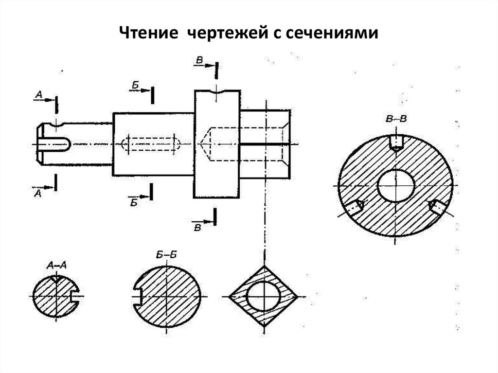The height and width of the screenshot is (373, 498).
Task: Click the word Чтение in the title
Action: click(149, 33)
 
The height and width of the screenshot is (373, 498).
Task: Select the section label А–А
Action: click(56, 266)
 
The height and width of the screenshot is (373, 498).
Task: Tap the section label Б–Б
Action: click(167, 255)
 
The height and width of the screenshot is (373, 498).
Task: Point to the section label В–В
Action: click(396, 120)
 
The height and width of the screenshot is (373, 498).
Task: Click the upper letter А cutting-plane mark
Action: click(39, 94)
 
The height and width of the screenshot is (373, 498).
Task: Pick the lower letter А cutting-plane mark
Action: click(37, 193)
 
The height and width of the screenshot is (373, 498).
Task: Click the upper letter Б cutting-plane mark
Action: click(135, 85)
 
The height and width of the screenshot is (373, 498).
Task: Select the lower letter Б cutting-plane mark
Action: click(134, 202)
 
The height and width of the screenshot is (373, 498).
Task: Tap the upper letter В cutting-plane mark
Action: click(199, 60)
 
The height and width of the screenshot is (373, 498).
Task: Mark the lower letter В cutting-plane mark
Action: click(197, 228)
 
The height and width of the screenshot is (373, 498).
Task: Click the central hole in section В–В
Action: click(396, 186)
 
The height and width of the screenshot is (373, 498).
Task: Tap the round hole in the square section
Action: click(264, 296)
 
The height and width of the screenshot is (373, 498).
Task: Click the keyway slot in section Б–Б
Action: click(137, 297)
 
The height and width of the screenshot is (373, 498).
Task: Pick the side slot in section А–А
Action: click(74, 296)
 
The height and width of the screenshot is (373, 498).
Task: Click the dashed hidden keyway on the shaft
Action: click(151, 144)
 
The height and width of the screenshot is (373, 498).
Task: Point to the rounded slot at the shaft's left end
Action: click(53, 144)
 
